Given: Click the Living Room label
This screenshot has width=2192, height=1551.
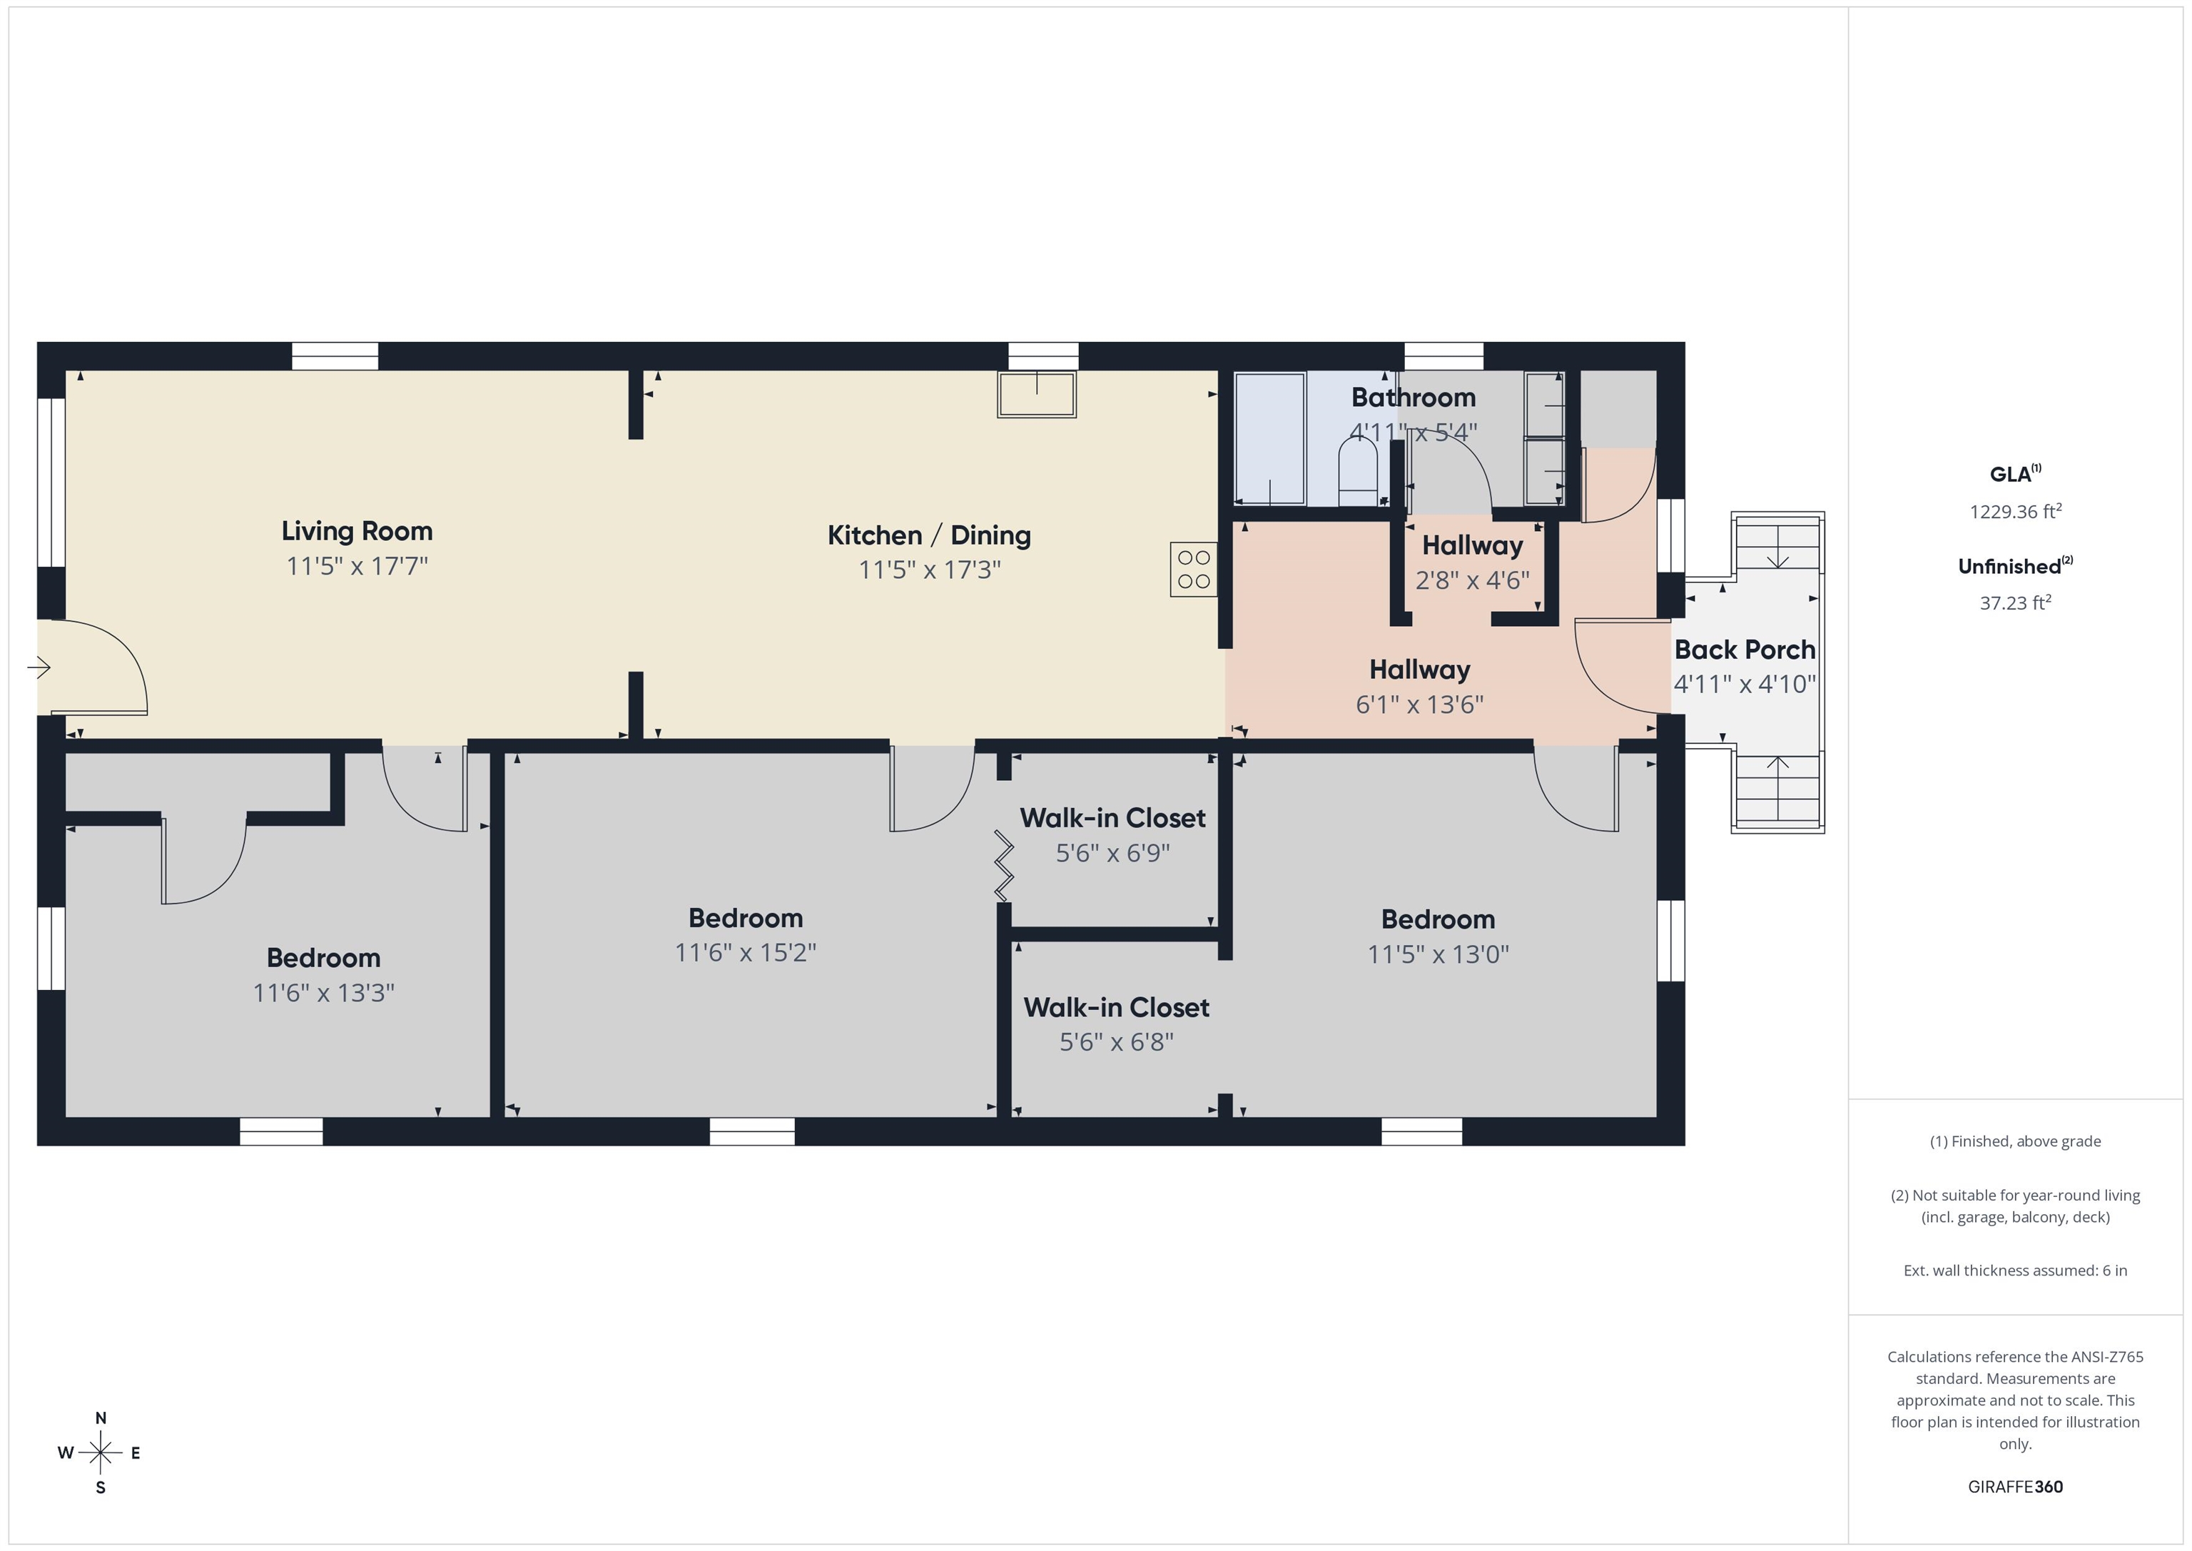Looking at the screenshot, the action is (x=357, y=531).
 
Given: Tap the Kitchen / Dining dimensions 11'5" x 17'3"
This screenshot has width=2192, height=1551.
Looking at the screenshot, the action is (x=929, y=570).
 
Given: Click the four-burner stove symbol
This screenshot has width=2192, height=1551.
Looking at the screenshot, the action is (x=1193, y=569).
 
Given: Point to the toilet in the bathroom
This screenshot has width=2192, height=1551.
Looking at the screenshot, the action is (x=1358, y=472).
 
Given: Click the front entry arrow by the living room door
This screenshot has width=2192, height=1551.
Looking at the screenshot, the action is (x=39, y=667).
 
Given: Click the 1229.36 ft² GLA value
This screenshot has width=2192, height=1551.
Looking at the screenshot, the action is (x=2015, y=511).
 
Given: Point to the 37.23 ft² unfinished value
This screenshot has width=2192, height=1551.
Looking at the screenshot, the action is (x=2015, y=602).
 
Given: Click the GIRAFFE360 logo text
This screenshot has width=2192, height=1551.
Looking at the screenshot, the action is (x=2015, y=1487).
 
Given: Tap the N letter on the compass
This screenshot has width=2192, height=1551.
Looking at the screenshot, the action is (x=100, y=1418).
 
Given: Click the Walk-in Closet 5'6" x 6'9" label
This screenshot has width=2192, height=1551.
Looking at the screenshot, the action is (x=1112, y=834).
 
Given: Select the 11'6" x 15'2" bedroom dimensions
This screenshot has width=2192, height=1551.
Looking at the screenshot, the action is (x=746, y=953).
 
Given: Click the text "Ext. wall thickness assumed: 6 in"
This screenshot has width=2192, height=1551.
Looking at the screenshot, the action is (x=2015, y=1270).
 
